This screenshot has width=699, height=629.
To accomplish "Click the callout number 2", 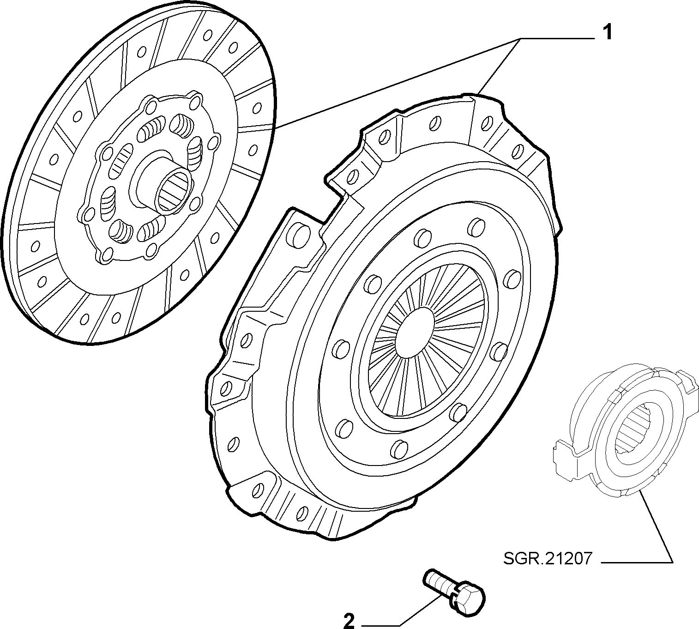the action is coord(349,620).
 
